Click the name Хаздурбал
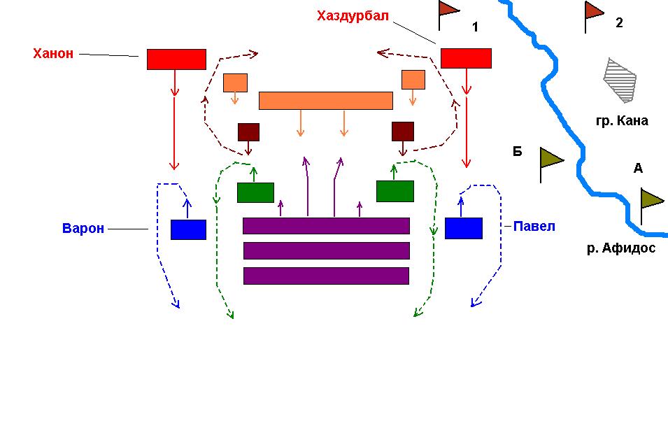(x=352, y=16)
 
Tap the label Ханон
(x=53, y=54)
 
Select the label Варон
(x=83, y=229)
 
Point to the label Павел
(x=534, y=226)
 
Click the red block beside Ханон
(x=176, y=59)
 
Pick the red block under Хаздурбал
(x=465, y=58)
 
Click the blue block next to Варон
(x=188, y=229)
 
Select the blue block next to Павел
(x=463, y=228)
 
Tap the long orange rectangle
(x=325, y=101)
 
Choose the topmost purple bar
(x=325, y=226)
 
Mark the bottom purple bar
(x=325, y=276)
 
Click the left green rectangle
(x=255, y=192)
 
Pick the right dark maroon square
(x=402, y=132)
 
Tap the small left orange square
(x=235, y=83)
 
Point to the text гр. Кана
(x=622, y=121)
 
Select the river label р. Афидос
(x=621, y=248)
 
